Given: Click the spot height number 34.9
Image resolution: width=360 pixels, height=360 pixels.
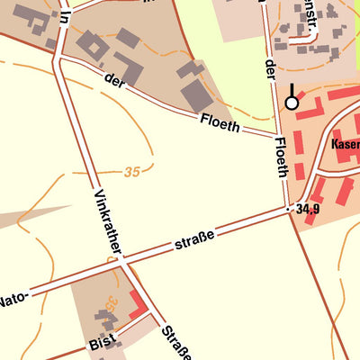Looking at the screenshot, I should pos(309,209).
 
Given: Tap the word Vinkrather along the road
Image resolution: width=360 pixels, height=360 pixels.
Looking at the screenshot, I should pos(107,223).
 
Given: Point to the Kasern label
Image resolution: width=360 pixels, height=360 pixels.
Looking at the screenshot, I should pos(345,143).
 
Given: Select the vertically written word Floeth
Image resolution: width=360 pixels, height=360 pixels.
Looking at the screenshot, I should pos(281,156).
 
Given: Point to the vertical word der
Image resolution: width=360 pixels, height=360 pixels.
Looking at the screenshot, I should pos(269,75).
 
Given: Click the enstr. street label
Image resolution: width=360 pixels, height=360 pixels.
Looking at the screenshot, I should pos(310,21).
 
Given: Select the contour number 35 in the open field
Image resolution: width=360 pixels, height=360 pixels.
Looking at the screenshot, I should pos(133,171).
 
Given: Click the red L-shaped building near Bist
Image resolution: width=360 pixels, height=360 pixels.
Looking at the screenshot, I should pos(139,304).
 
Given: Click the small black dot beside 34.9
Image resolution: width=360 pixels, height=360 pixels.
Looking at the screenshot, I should pos(290,209).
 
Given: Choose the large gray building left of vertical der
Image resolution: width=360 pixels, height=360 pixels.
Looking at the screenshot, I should pos(197,95).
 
